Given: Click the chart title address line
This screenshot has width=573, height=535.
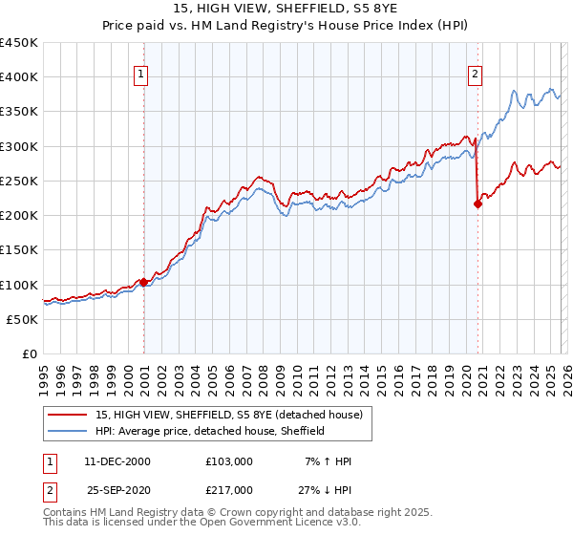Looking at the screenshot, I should click(286, 9).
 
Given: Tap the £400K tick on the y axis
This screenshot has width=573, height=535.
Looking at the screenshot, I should click(19, 77).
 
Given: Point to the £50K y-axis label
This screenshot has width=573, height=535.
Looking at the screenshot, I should click(23, 320).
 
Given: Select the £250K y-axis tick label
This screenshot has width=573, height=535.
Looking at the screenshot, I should click(19, 182).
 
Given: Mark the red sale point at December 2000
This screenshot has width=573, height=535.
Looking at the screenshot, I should click(143, 282).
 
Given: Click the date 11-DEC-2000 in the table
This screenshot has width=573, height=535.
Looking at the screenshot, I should click(117, 461).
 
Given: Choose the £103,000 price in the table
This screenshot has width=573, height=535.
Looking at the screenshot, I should click(229, 461).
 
